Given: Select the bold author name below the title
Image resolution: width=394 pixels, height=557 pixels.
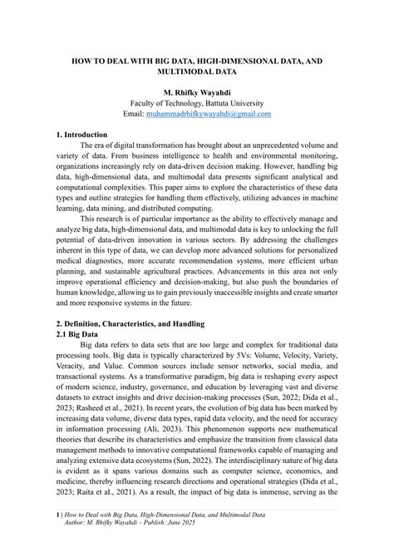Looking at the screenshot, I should [196, 91].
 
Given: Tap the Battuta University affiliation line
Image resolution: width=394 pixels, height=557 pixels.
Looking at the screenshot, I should [196, 102].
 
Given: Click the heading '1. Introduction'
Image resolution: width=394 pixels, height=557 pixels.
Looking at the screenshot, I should [81, 134].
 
